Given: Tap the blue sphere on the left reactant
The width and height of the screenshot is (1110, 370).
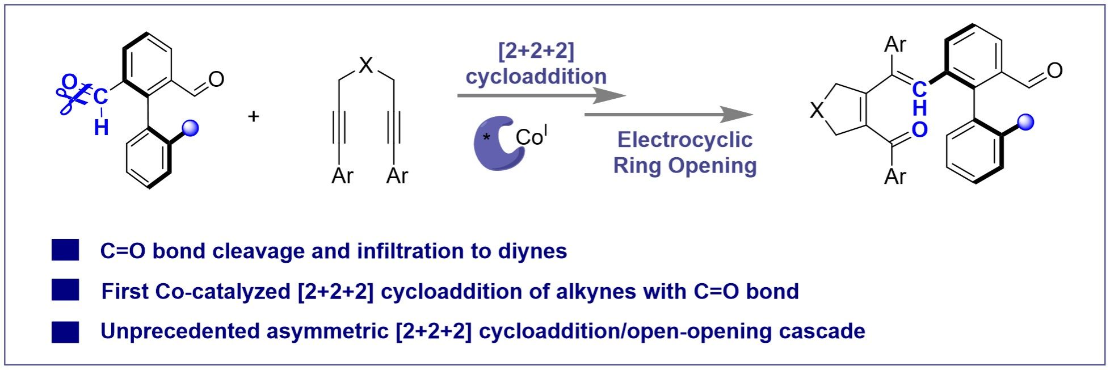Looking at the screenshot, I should pos(192,129).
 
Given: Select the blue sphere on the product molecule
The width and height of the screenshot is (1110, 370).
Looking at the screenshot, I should pos(1025,122).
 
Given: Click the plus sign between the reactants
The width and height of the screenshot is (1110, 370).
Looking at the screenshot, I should pos(254,116).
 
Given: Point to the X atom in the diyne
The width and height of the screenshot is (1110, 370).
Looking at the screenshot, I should pos(366,66).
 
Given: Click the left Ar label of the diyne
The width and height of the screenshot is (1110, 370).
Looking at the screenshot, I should pos(342,176).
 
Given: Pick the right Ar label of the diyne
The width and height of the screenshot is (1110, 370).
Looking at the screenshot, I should pos(397,176).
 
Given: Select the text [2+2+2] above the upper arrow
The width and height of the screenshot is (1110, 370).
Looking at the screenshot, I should pos(536,51).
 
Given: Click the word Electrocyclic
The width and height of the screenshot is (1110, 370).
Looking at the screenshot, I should pos(685,140).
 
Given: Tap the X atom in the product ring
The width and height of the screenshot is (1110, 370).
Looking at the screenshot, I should pos(817,110).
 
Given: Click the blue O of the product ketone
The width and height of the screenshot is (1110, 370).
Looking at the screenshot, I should pos(919,129).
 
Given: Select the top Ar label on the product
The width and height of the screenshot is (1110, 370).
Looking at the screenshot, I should pos(895,44).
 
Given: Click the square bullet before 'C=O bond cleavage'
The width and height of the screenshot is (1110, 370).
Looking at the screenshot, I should pos(65,250).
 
